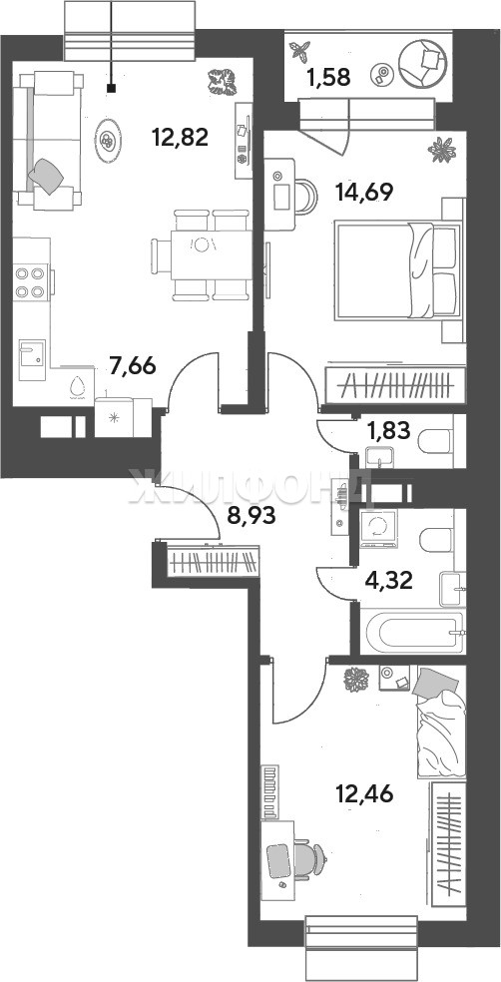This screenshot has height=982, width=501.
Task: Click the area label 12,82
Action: pyautogui.click(x=180, y=137)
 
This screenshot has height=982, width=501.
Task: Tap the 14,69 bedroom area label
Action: pyautogui.click(x=364, y=192)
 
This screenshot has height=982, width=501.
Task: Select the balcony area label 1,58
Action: pyautogui.click(x=327, y=78)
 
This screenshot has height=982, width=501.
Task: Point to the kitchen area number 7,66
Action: pyautogui.click(x=132, y=365)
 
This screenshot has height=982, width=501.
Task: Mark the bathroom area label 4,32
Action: pyautogui.click(x=389, y=581)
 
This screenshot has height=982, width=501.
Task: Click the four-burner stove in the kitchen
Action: pyautogui.click(x=31, y=281)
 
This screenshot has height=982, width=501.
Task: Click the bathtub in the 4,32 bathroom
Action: pyautogui.click(x=413, y=632)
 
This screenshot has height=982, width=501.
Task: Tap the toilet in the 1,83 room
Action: pyautogui.click(x=434, y=441)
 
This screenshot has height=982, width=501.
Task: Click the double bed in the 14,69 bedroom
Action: pyautogui.click(x=398, y=271)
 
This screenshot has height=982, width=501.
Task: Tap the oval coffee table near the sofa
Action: pyautogui.click(x=109, y=141)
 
